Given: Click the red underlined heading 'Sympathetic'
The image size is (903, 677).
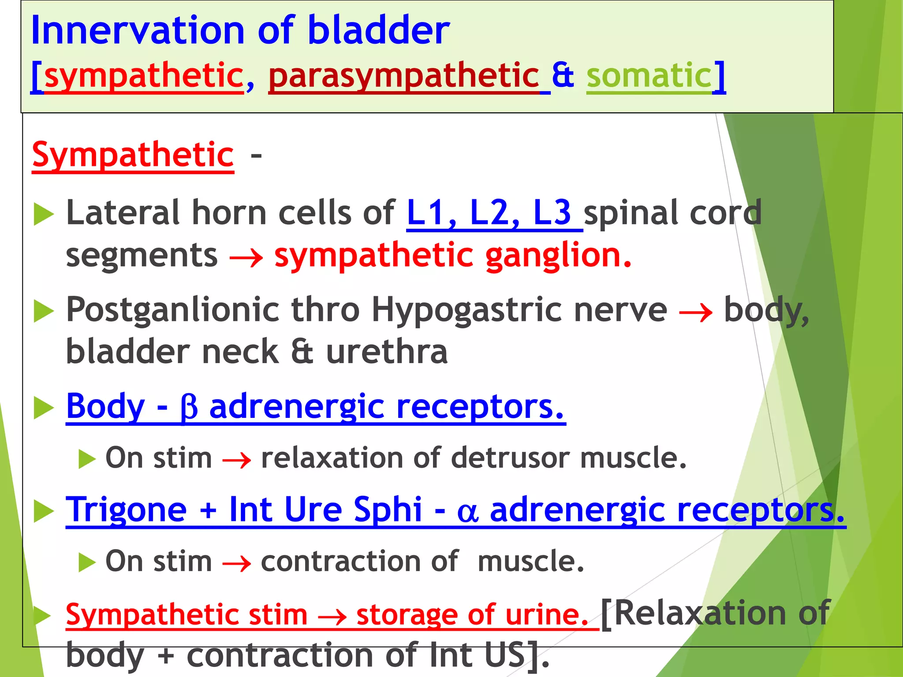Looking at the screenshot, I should tap(133, 155).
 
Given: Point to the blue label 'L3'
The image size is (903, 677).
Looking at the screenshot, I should tap(552, 213).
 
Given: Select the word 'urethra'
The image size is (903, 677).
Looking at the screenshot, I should tap(387, 353).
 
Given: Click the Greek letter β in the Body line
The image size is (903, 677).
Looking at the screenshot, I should tap(189, 408).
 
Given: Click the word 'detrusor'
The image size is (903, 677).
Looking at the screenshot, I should tap(511, 458).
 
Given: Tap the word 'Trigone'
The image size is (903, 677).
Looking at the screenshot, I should tap(127, 510).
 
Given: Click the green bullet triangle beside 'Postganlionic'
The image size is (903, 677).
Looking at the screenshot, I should tap(43, 312).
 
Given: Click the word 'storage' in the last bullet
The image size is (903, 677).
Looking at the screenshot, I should tap(407, 615).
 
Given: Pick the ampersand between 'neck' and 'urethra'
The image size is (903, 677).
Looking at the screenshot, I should tap(302, 353).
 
